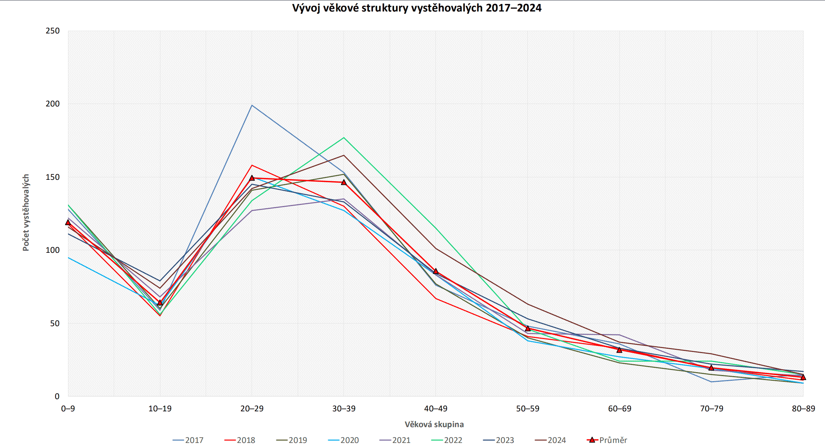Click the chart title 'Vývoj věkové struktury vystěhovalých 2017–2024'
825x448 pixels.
(416, 8)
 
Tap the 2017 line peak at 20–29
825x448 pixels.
(252, 105)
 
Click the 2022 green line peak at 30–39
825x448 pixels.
(344, 138)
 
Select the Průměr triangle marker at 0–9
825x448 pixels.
(68, 223)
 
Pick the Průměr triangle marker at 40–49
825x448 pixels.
(436, 271)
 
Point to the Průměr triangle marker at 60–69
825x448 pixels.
(619, 350)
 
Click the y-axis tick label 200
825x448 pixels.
(53, 104)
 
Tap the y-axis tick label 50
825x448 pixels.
(55, 323)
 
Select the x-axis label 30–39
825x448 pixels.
(344, 408)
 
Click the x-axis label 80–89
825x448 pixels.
(803, 408)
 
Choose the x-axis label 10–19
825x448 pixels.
(160, 408)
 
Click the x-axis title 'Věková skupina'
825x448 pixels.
(434, 424)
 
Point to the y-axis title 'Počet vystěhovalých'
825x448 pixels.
(26, 213)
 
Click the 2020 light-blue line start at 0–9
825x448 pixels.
(68, 257)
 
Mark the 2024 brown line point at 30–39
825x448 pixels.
(344, 155)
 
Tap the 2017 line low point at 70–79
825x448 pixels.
(711, 381)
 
